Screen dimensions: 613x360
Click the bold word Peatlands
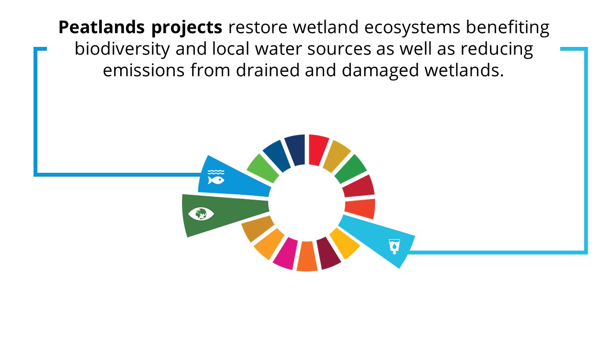[x=102, y=27]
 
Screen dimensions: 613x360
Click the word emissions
[x=144, y=70]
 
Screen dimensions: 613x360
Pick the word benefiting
[x=508, y=28]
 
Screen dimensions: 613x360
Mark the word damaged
[x=380, y=71]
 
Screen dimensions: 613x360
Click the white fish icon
[x=216, y=180]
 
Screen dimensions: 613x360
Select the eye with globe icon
[x=201, y=214]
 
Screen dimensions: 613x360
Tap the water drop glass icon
[x=394, y=247]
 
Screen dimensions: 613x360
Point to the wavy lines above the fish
[x=216, y=172]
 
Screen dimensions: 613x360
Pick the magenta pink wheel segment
[x=286, y=254]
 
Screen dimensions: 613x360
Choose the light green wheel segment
[x=263, y=168]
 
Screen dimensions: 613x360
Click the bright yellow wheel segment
[x=344, y=243]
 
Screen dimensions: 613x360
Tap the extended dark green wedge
[x=225, y=214]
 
